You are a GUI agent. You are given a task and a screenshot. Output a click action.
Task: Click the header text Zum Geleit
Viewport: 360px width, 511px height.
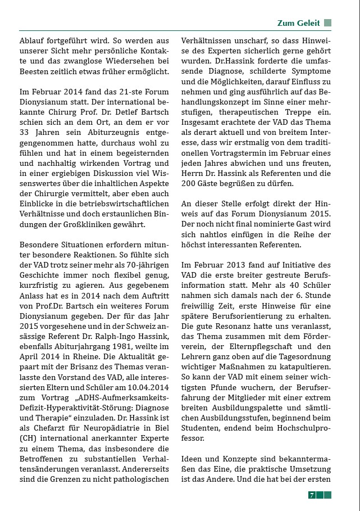click(298, 23)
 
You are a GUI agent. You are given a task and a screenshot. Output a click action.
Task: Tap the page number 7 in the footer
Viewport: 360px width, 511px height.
click(311, 495)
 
